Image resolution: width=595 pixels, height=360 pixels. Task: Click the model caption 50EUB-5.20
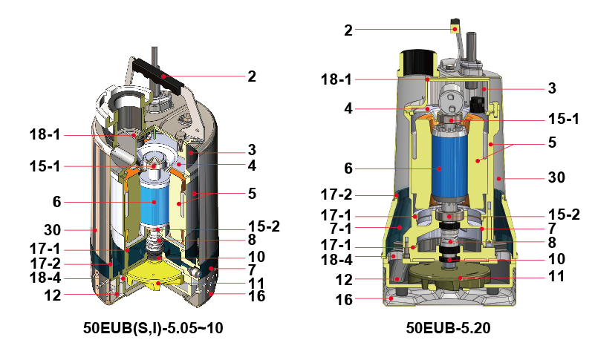click(x=448, y=328)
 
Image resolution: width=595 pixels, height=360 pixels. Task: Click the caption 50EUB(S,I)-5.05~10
click(x=153, y=328)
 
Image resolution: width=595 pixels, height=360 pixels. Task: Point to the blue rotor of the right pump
click(x=450, y=167)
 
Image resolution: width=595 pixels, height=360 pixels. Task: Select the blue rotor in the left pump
click(x=154, y=202)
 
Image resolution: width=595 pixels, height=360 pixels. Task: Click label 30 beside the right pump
click(x=556, y=177)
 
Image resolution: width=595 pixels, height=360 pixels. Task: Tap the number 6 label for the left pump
click(x=56, y=202)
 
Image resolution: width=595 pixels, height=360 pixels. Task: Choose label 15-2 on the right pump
click(x=564, y=215)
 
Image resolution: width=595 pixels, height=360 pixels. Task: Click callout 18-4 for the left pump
click(x=45, y=278)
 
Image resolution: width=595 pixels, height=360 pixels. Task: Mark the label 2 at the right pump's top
click(x=348, y=30)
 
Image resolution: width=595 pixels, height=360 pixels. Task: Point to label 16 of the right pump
click(x=344, y=300)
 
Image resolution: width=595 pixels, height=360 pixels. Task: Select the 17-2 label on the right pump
click(x=336, y=195)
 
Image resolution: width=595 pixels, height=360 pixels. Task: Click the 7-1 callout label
click(x=341, y=229)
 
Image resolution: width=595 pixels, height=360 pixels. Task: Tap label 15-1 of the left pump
click(x=45, y=166)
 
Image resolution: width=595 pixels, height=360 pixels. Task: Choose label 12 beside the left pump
click(x=52, y=295)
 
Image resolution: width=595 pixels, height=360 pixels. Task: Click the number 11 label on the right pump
click(x=556, y=277)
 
